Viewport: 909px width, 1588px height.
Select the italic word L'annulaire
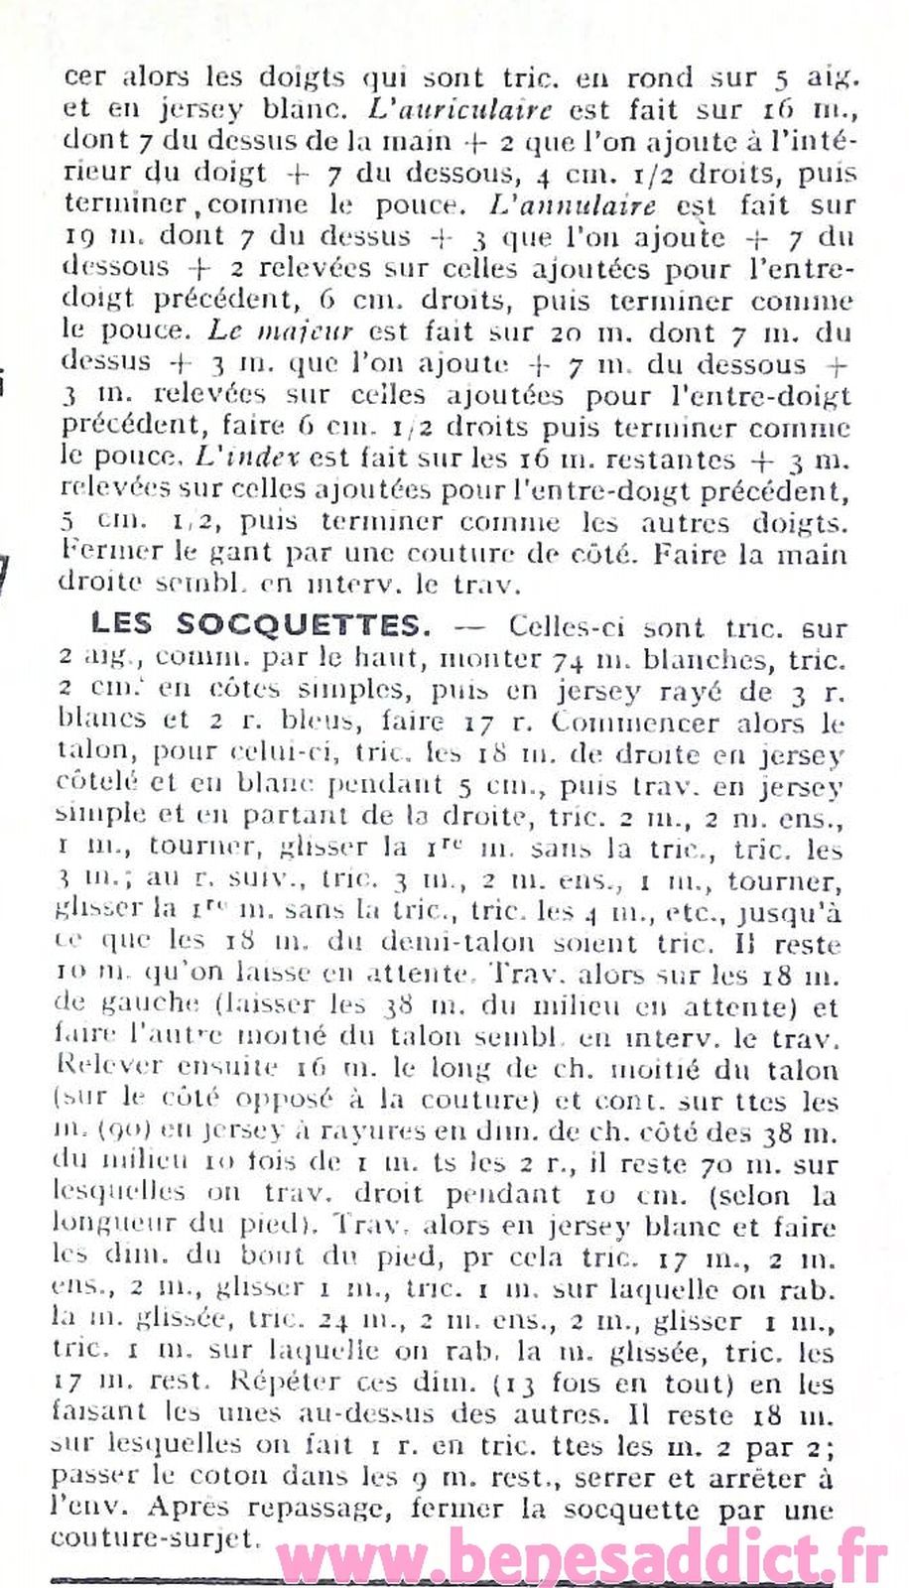click(x=573, y=205)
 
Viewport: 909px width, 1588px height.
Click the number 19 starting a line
click(x=84, y=237)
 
